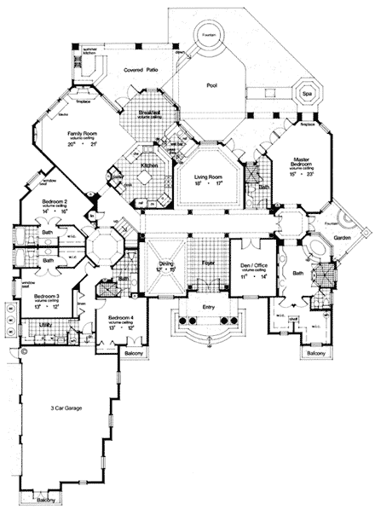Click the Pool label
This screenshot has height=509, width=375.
pos(212,86)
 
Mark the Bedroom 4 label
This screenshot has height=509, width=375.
pos(119,319)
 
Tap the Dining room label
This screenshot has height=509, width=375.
pos(166,265)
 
